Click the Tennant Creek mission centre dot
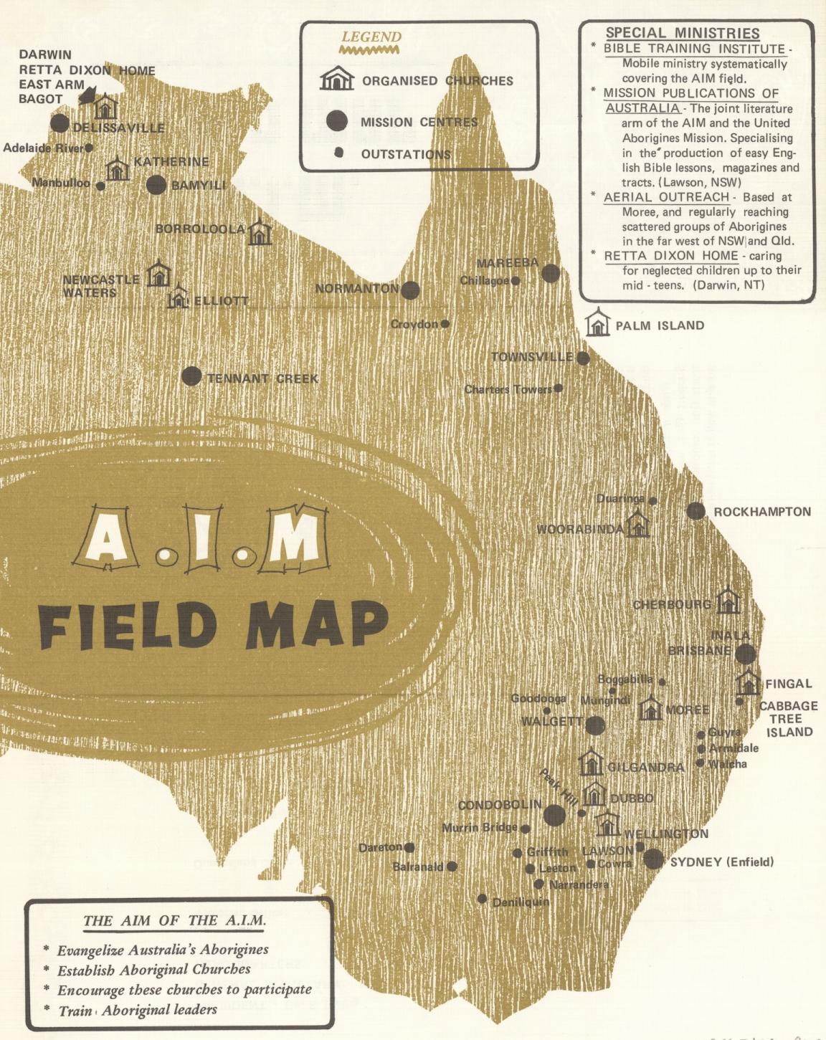pyautogui.click(x=191, y=376)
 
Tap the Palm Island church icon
pyautogui.click(x=597, y=324)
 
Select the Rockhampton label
pyautogui.click(x=762, y=512)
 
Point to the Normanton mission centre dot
pyautogui.click(x=410, y=290)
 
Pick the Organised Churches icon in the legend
pyautogui.click(x=336, y=80)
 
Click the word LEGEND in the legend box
pyautogui.click(x=371, y=37)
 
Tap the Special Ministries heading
pyautogui.click(x=682, y=33)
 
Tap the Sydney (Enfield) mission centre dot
pyautogui.click(x=653, y=859)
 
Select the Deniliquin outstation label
pyautogui.click(x=521, y=902)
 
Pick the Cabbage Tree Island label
pyautogui.click(x=789, y=719)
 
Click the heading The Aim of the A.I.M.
pyautogui.click(x=174, y=921)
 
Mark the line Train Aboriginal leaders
pyautogui.click(x=138, y=1010)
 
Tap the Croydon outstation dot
pyautogui.click(x=445, y=324)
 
